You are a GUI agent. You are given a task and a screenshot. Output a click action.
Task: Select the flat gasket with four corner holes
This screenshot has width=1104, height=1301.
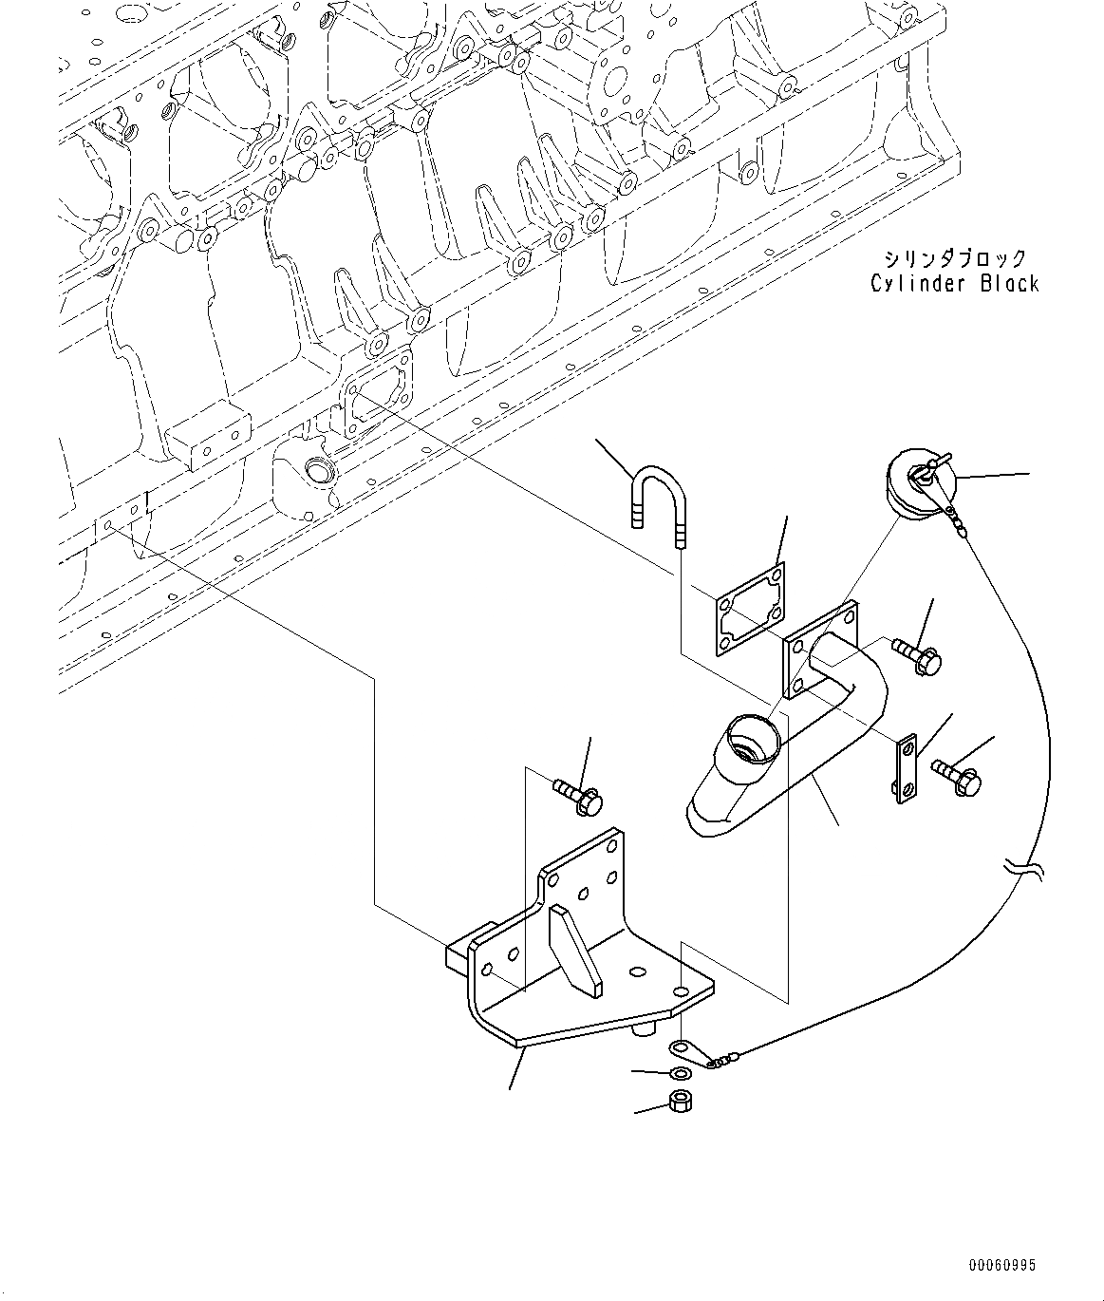(749, 609)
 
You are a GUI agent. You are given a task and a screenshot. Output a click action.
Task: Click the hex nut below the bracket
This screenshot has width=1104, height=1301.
(680, 1102)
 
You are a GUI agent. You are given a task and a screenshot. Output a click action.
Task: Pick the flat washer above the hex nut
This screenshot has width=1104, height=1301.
(680, 1073)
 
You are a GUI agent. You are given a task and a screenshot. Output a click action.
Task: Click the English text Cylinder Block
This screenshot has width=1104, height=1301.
(954, 283)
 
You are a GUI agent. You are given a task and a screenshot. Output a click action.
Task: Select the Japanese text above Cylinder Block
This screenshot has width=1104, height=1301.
(954, 257)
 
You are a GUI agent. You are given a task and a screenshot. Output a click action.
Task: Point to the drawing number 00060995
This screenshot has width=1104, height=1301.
(1002, 1265)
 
